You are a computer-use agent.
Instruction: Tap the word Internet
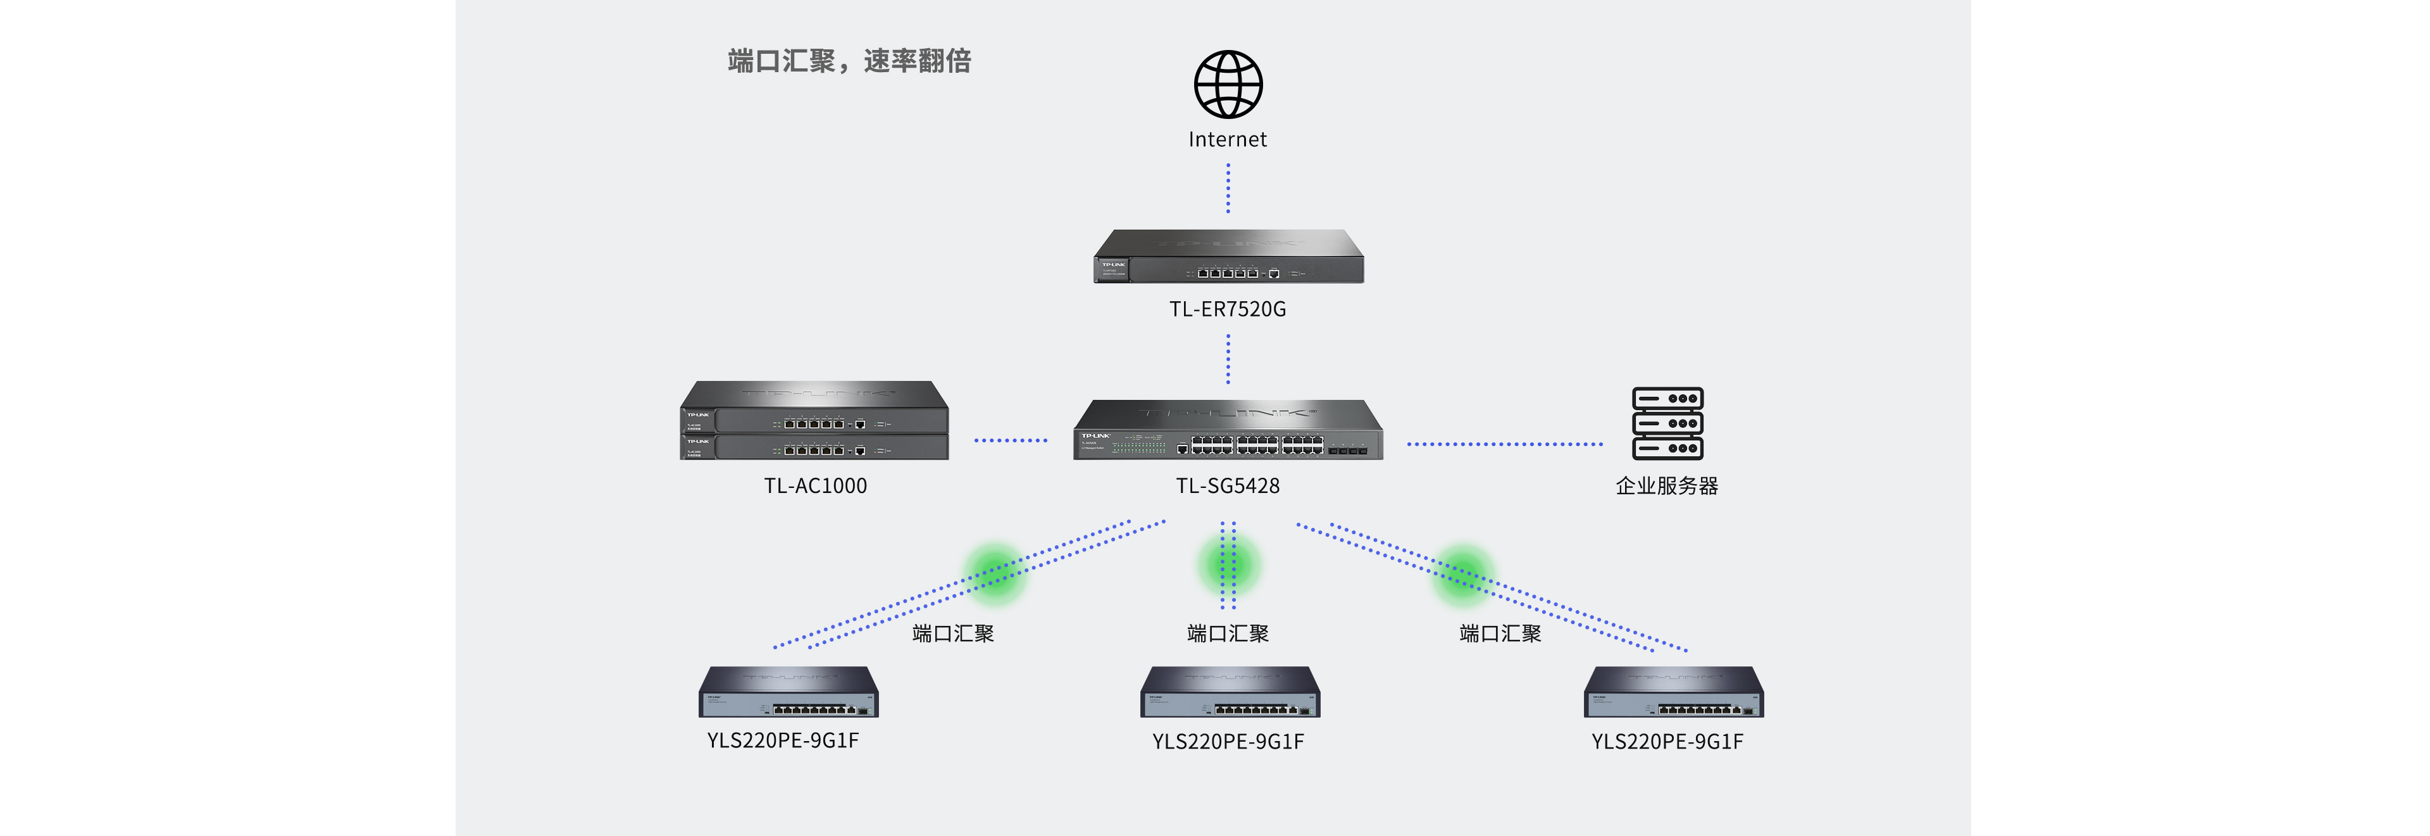(x=1227, y=140)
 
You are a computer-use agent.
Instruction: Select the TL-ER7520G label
(x=1227, y=309)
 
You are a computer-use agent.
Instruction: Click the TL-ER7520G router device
(x=1228, y=258)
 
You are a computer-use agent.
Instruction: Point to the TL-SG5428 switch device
(x=1228, y=431)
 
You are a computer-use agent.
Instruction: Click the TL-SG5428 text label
(x=1227, y=486)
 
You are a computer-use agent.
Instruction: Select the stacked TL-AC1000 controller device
(x=814, y=421)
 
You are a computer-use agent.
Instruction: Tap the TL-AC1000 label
(x=815, y=486)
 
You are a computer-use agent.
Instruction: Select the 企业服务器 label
(x=1667, y=486)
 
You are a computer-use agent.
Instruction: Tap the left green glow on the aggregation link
(x=994, y=571)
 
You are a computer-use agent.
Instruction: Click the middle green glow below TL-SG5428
(x=1227, y=565)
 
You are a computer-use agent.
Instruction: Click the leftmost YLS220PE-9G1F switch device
(x=788, y=692)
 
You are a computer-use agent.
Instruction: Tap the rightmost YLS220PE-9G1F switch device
(x=1673, y=692)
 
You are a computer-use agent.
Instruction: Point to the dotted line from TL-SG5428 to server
(x=1505, y=444)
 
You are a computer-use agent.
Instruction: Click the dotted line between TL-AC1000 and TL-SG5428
(x=1011, y=440)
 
